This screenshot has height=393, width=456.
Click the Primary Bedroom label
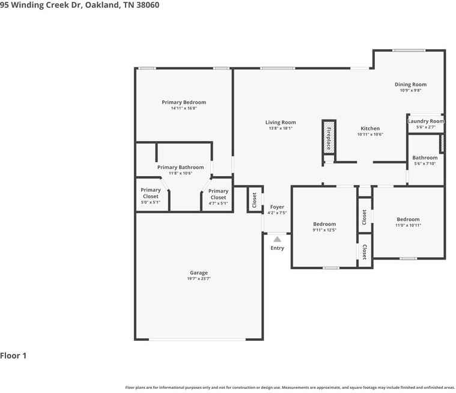click(x=183, y=102)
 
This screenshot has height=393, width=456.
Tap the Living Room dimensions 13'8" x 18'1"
click(x=281, y=128)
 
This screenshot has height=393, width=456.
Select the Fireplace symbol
click(x=329, y=138)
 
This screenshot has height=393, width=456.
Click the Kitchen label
click(x=369, y=129)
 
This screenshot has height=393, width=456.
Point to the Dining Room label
click(x=410, y=85)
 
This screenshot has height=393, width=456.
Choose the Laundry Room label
click(x=425, y=121)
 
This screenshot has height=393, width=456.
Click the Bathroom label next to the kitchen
click(x=424, y=157)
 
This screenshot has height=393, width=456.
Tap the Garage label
click(x=199, y=273)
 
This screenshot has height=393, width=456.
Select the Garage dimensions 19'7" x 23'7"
click(x=199, y=279)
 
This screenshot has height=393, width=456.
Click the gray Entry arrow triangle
click(x=277, y=239)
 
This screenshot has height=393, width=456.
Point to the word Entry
click(x=277, y=248)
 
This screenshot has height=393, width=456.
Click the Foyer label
click(x=277, y=207)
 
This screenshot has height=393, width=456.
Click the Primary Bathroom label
click(x=180, y=167)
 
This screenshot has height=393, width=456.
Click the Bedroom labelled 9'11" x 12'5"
click(x=324, y=224)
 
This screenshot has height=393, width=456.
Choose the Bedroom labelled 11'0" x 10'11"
click(x=408, y=219)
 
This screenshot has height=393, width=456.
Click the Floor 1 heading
click(x=13, y=356)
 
